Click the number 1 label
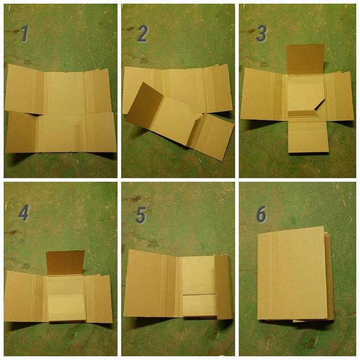click(25, 34)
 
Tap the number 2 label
click(142, 34)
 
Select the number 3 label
click(261, 34)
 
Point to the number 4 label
click(23, 213)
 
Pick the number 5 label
click(141, 215)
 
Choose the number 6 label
click(261, 214)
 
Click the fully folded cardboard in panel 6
click(295, 274)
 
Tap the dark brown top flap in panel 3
click(305, 59)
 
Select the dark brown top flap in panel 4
click(65, 262)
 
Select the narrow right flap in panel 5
click(223, 287)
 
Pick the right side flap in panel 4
click(98, 299)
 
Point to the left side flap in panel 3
click(263, 94)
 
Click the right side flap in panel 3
click(339, 96)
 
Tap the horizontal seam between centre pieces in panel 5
click(199, 295)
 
